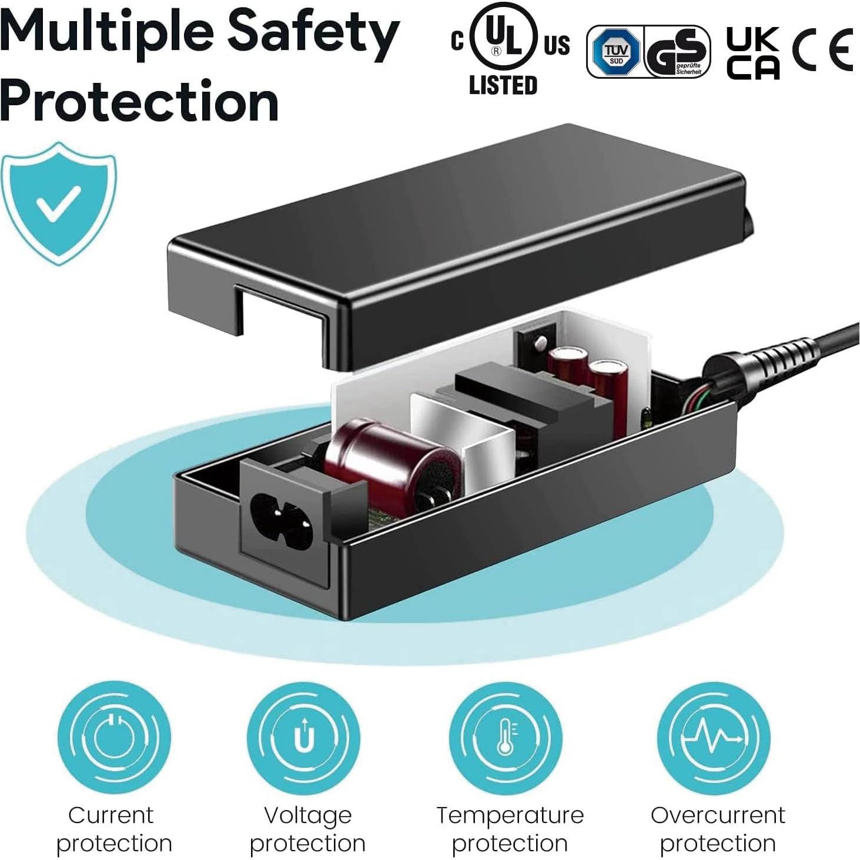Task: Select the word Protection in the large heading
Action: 139,101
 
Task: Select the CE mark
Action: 822,51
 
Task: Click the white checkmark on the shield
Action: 58,202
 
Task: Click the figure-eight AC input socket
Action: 282,521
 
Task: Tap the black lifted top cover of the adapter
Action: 459,235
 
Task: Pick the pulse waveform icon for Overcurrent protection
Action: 713,738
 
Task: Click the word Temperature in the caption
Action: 510,815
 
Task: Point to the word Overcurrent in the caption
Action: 717,815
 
